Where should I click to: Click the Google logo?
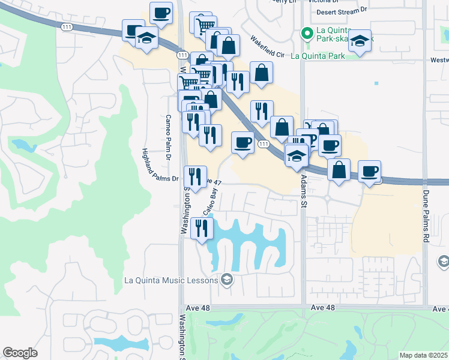click(20, 352)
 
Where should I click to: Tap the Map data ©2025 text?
click(424, 355)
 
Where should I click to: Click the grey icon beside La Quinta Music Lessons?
click(226, 279)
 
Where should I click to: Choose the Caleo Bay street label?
click(209, 202)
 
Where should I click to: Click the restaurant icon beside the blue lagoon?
click(202, 228)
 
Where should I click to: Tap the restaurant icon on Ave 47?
click(195, 176)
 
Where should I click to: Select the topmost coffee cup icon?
click(161, 13)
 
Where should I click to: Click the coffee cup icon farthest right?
click(370, 170)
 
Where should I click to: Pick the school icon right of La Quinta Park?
click(360, 40)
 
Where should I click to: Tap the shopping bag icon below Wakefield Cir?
click(261, 73)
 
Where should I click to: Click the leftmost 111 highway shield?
click(67, 28)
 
